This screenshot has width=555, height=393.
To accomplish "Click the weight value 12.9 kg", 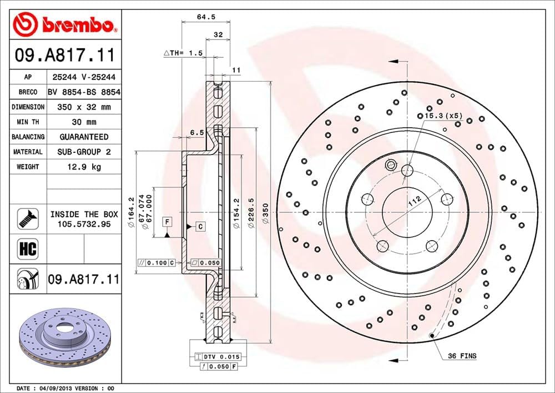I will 84,167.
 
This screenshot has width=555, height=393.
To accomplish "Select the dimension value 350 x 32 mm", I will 84,107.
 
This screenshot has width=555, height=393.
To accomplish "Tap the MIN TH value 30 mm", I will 84,122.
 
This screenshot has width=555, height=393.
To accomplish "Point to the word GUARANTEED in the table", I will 84,137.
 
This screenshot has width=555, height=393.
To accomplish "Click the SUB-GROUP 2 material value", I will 84,152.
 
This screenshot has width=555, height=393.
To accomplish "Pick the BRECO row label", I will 28,92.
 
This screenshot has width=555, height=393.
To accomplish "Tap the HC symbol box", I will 28,248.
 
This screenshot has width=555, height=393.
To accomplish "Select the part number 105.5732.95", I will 84,223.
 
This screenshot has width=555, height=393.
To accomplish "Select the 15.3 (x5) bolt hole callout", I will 443,116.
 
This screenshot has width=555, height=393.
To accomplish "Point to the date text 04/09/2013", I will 53,387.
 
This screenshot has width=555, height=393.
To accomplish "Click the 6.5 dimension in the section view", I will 195,133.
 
